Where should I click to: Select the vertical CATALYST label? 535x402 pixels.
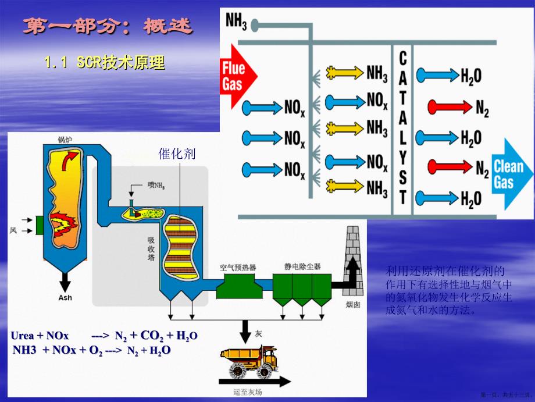pos(402,126)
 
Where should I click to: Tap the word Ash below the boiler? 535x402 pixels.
pos(65,299)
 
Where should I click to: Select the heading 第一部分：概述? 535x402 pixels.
pos(108,26)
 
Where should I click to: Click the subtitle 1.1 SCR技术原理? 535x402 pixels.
pos(105,62)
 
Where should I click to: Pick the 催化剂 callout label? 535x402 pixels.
pos(177,154)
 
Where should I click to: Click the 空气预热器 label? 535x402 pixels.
pos(238,267)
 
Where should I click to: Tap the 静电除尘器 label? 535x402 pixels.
pos(302,267)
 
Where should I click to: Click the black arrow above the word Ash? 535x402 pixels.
pos(65,282)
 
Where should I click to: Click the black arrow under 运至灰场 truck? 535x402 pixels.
pos(254,383)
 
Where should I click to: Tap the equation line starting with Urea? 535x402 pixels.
pos(104,336)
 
